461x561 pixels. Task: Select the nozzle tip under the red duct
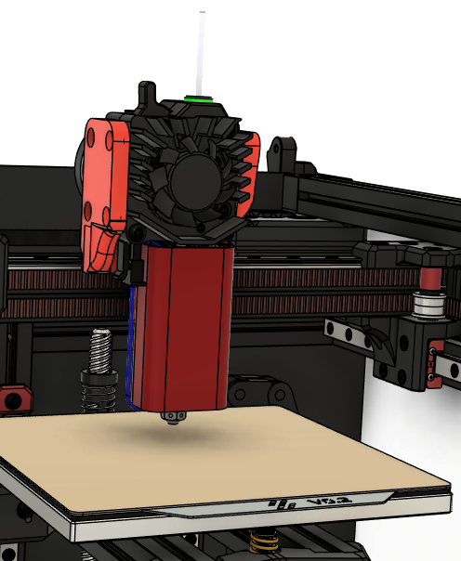point(171,420)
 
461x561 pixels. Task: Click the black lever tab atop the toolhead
point(146,94)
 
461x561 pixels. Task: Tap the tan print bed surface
point(223,464)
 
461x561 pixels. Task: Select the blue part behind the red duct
point(136,344)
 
